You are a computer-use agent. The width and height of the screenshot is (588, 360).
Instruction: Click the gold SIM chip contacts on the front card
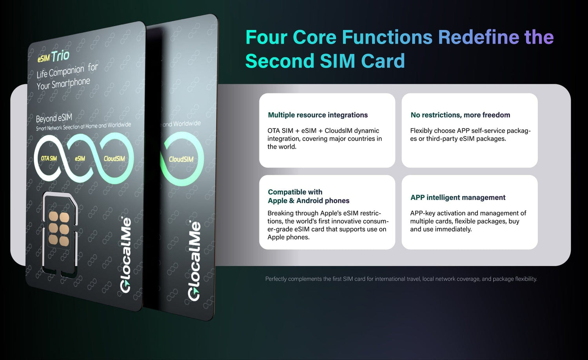click(59, 228)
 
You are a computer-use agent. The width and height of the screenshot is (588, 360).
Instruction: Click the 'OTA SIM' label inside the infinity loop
click(49, 158)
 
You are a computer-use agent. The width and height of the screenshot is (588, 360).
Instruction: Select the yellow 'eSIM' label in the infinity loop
click(80, 159)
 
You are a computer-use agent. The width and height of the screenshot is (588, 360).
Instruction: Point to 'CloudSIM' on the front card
click(114, 159)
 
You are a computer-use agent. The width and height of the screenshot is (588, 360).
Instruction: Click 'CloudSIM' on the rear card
click(181, 159)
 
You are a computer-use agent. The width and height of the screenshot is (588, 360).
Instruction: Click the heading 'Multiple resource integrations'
click(318, 115)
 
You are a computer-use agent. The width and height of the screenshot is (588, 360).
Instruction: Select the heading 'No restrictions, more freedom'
click(460, 115)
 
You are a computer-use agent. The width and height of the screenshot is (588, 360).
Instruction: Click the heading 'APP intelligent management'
click(458, 197)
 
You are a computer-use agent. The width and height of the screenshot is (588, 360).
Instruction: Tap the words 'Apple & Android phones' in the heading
click(309, 201)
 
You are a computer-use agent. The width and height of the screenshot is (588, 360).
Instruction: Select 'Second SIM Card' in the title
click(325, 61)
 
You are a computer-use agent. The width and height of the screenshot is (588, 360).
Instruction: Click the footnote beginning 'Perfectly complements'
click(401, 279)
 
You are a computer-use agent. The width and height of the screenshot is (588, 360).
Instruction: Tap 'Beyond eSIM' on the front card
click(54, 118)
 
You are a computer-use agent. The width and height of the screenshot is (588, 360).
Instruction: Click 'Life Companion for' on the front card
click(67, 71)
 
